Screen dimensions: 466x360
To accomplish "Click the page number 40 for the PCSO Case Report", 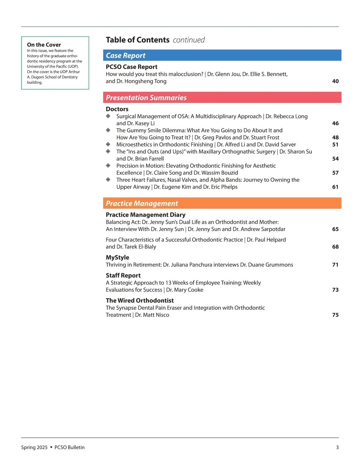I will click(335, 81).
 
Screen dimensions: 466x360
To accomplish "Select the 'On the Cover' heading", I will click(44, 45).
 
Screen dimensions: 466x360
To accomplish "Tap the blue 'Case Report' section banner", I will click(222, 56).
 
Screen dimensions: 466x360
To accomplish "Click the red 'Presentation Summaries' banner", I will click(222, 98).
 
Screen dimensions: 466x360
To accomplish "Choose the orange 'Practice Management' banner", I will click(222, 203).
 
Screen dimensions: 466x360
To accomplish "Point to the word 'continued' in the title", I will click(189, 40).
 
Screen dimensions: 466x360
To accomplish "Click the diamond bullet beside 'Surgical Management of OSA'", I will click(108, 116).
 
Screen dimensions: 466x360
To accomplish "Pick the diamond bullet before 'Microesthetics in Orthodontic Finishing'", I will click(108, 144).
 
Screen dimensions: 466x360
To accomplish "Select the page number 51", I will click(335, 145).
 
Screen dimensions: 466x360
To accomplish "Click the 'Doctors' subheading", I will click(117, 109).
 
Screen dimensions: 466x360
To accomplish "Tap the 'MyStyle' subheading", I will click(117, 257).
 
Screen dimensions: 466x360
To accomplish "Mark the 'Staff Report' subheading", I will click(123, 275).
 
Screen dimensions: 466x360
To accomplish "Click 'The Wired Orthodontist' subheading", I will click(139, 300).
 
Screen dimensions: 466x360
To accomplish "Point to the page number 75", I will click(335, 315).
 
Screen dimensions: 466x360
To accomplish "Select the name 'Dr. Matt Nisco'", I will click(152, 315).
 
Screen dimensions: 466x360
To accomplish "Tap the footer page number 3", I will click(337, 447).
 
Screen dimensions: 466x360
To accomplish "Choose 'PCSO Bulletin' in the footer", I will click(69, 447).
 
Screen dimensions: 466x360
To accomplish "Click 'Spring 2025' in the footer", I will click(34, 447).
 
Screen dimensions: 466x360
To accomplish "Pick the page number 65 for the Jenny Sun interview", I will click(335, 229).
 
